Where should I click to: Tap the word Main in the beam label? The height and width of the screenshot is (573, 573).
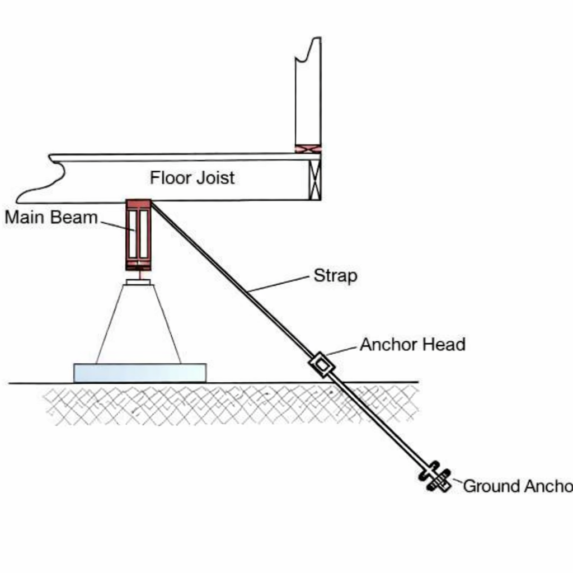[x=24, y=217]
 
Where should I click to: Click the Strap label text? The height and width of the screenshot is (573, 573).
[x=335, y=276]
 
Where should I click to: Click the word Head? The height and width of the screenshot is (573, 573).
[x=443, y=344]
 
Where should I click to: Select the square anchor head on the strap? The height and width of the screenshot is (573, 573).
[x=322, y=364]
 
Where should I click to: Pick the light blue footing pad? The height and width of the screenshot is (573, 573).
[x=140, y=373]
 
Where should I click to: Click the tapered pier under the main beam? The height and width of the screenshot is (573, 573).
[x=138, y=325]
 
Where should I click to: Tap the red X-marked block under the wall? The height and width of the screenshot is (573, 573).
[x=308, y=149]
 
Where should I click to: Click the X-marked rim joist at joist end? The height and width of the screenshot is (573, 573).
[x=315, y=179]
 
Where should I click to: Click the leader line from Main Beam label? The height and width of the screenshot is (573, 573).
[x=118, y=226]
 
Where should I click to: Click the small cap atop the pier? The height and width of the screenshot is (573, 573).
[x=138, y=282]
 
